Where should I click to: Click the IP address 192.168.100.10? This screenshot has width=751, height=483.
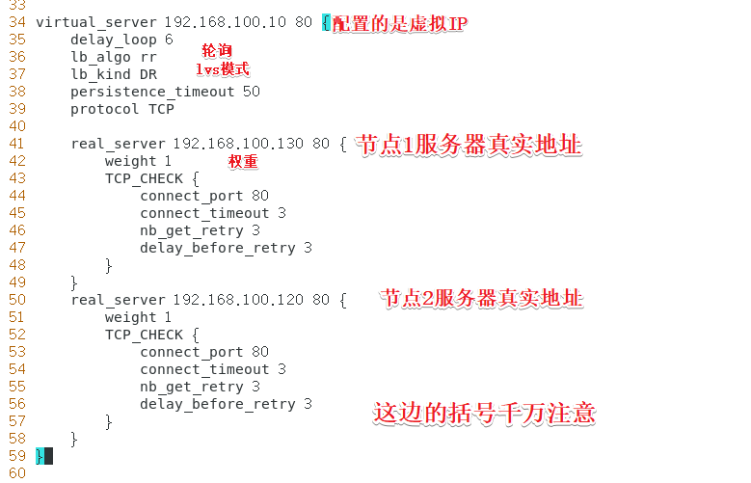(x=226, y=22)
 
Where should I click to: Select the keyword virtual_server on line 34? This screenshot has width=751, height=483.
(x=95, y=22)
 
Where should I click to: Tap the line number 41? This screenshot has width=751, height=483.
(x=16, y=144)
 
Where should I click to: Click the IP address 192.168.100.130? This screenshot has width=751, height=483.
(x=238, y=144)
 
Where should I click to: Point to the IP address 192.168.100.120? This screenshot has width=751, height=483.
(x=238, y=300)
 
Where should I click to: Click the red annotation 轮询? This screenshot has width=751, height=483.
(x=217, y=50)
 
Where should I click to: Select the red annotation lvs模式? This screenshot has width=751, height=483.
(x=223, y=69)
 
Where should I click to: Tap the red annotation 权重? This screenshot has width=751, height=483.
(x=243, y=161)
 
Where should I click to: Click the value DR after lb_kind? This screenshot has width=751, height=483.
(x=148, y=74)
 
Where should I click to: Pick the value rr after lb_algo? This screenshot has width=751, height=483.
(x=148, y=58)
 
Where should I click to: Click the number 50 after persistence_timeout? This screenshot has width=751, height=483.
(x=252, y=92)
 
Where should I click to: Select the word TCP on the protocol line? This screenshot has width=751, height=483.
(x=161, y=109)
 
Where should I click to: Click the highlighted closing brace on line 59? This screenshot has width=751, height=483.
(x=40, y=456)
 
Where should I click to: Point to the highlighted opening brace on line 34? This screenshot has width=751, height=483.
(x=326, y=22)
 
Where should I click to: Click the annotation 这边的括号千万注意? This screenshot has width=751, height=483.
(x=484, y=413)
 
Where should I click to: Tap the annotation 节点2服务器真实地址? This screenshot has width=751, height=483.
(x=482, y=298)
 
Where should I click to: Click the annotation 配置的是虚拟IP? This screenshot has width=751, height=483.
(x=400, y=23)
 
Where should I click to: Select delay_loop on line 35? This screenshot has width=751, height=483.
(x=114, y=40)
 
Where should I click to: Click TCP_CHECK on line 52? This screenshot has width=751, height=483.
(x=145, y=335)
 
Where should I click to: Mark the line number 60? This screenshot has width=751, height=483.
(x=16, y=473)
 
